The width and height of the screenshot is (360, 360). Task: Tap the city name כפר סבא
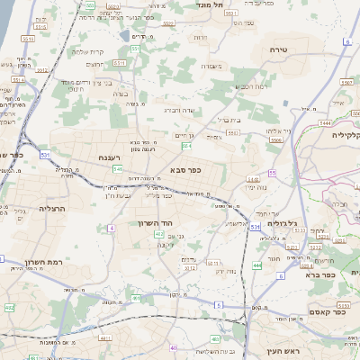point(184,168)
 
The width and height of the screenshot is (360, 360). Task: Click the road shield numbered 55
point(271,173)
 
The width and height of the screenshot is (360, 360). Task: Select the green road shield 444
point(257,265)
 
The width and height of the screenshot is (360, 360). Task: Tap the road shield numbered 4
point(112,228)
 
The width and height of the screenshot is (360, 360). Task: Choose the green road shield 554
point(186,146)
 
